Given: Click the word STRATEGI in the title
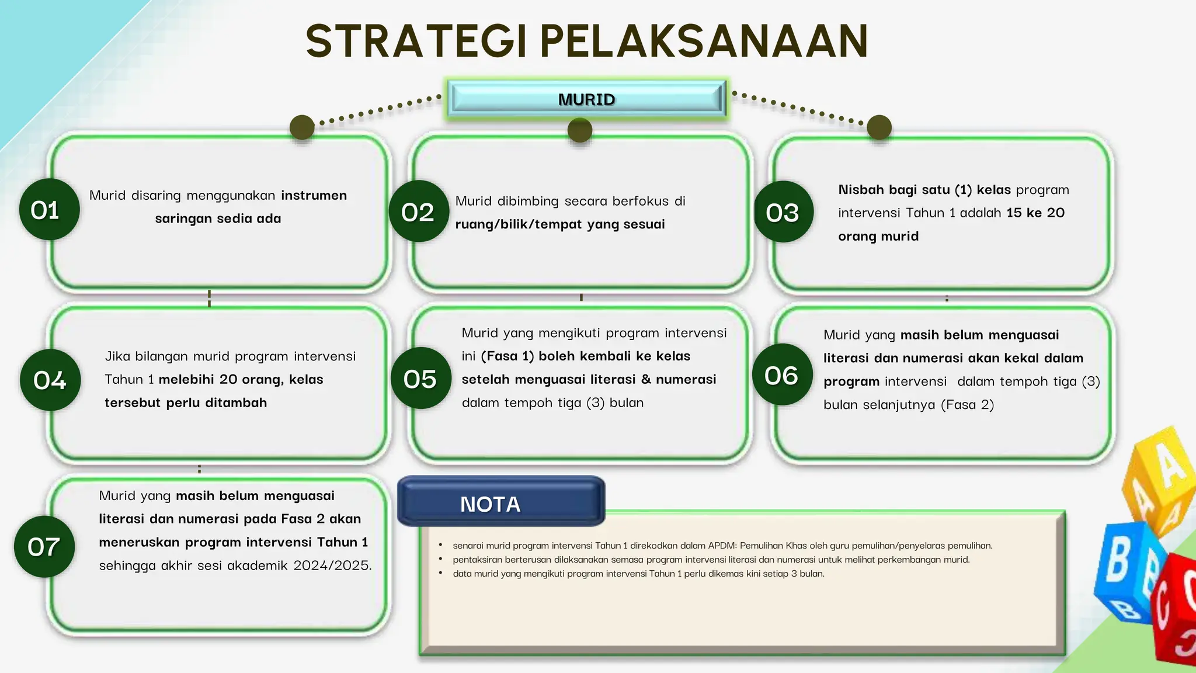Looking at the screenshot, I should coord(418,41).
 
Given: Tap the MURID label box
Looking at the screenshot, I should coord(586,99).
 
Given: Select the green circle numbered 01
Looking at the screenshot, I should coord(48,209).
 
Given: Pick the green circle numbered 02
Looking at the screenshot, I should coord(418,211).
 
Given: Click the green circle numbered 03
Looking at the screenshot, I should coord(783,212).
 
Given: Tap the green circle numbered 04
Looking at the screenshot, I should coord(50,380).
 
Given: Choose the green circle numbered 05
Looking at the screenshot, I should coord(420,379).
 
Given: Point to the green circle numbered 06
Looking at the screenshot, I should coord(782,375).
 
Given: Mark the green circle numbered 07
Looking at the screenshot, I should coord(44,547).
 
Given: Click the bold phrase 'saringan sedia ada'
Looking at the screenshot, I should coord(218,218).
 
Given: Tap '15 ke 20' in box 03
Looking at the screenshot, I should coord(1035,213).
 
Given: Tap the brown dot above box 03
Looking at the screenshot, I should coord(879,127).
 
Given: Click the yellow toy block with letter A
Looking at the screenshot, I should coord(1162,473).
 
